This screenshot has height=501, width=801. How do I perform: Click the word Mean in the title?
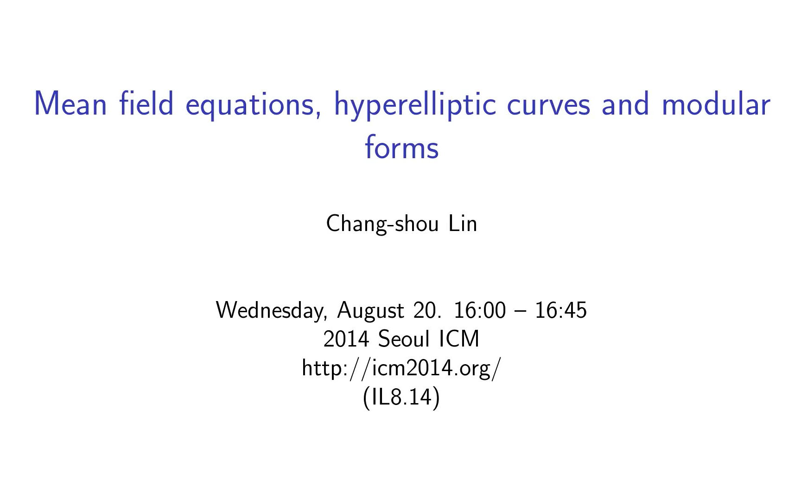point(71,104)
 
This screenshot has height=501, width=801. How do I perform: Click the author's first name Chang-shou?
point(382,225)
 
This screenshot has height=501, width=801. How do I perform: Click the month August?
point(370,311)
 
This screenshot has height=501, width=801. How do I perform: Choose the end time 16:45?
point(560,310)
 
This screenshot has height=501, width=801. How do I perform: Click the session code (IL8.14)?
point(401,398)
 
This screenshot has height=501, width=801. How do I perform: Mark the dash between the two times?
point(520,311)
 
